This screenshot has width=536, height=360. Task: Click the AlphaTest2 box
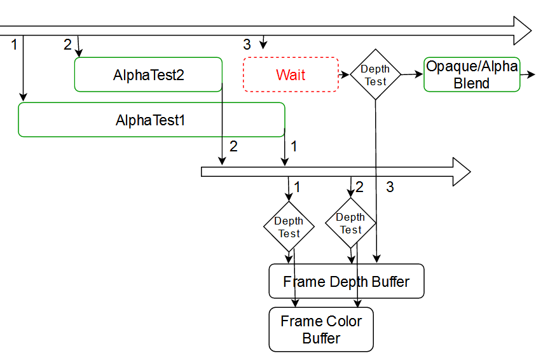(149, 74)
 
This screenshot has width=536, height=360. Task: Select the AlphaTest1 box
(151, 120)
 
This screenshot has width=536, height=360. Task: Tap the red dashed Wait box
(291, 74)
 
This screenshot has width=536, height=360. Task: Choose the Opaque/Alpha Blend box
(472, 74)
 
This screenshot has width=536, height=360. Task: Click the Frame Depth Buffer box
(346, 281)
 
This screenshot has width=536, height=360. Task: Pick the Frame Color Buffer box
(321, 329)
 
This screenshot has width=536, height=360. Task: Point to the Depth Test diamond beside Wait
(375, 74)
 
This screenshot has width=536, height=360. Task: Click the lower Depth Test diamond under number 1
(289, 226)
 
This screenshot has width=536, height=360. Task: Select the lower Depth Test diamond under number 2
(350, 223)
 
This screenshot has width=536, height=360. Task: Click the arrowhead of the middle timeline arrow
(461, 172)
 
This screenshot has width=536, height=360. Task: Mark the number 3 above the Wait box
(247, 45)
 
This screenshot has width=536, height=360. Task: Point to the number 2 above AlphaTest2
(67, 44)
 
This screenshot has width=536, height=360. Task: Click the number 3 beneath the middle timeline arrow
(390, 187)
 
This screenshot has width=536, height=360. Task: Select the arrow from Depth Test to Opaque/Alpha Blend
(412, 74)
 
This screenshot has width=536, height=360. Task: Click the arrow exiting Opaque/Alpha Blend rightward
(528, 74)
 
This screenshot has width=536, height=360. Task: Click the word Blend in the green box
(472, 83)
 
